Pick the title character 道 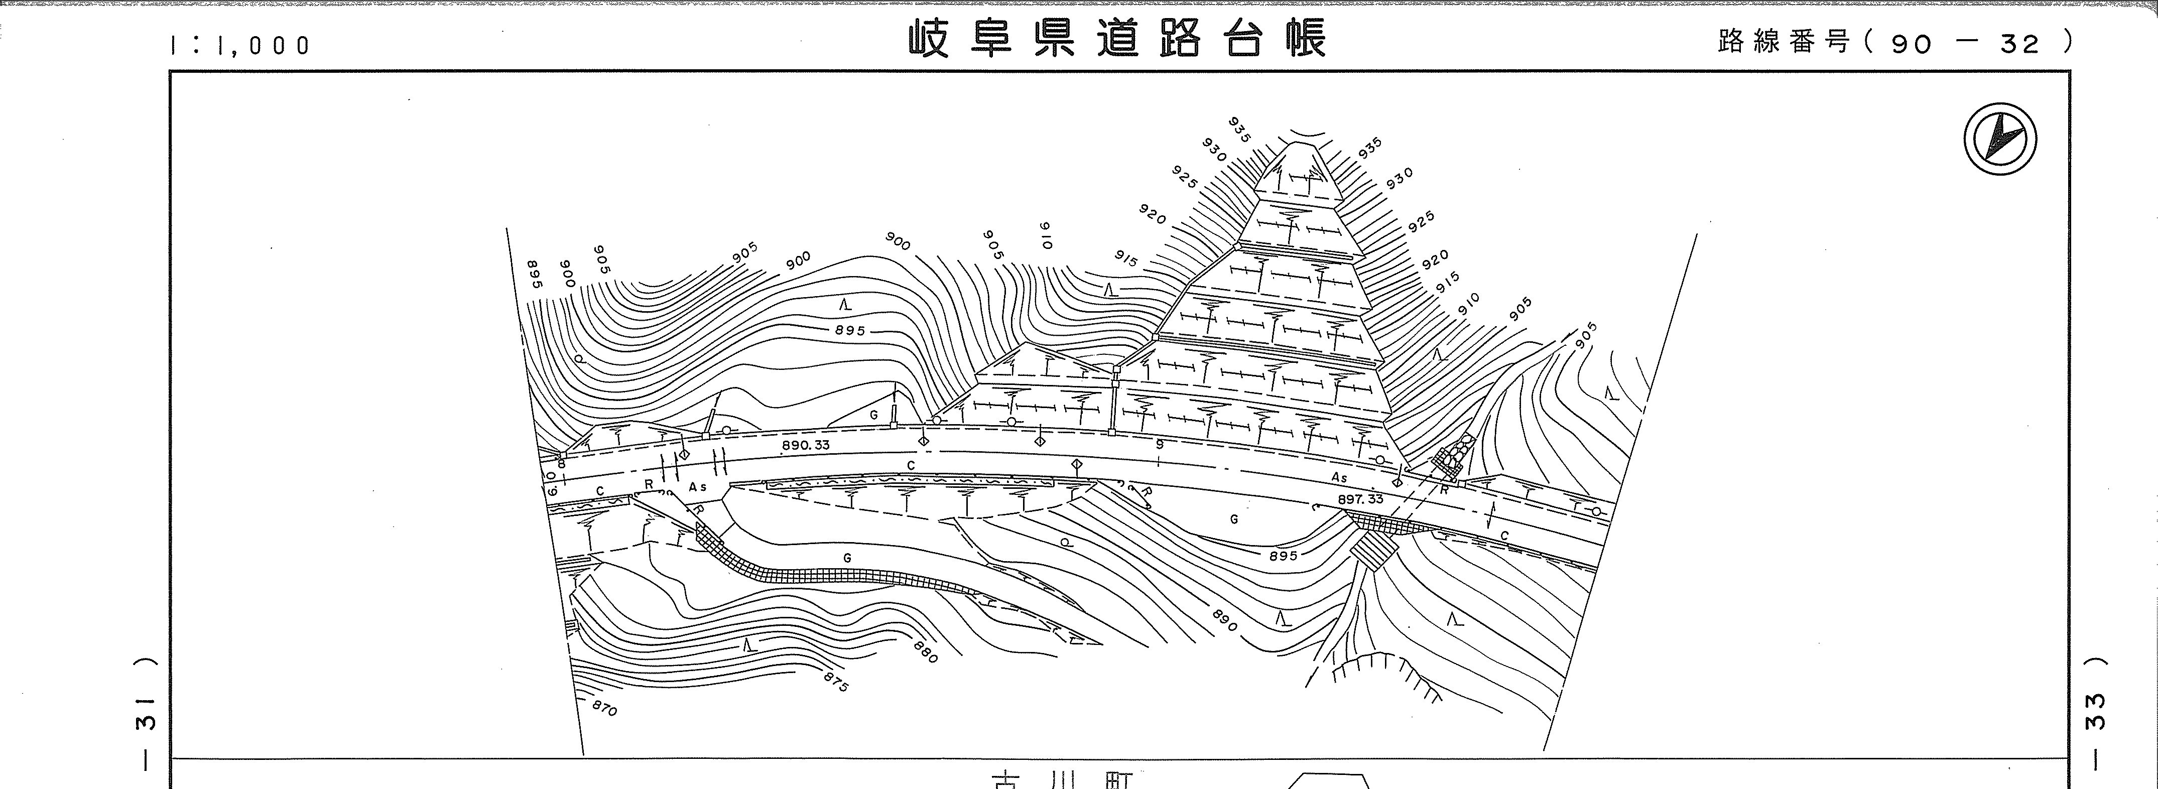point(1117,39)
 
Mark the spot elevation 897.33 point(1360,499)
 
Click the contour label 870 point(604,709)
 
